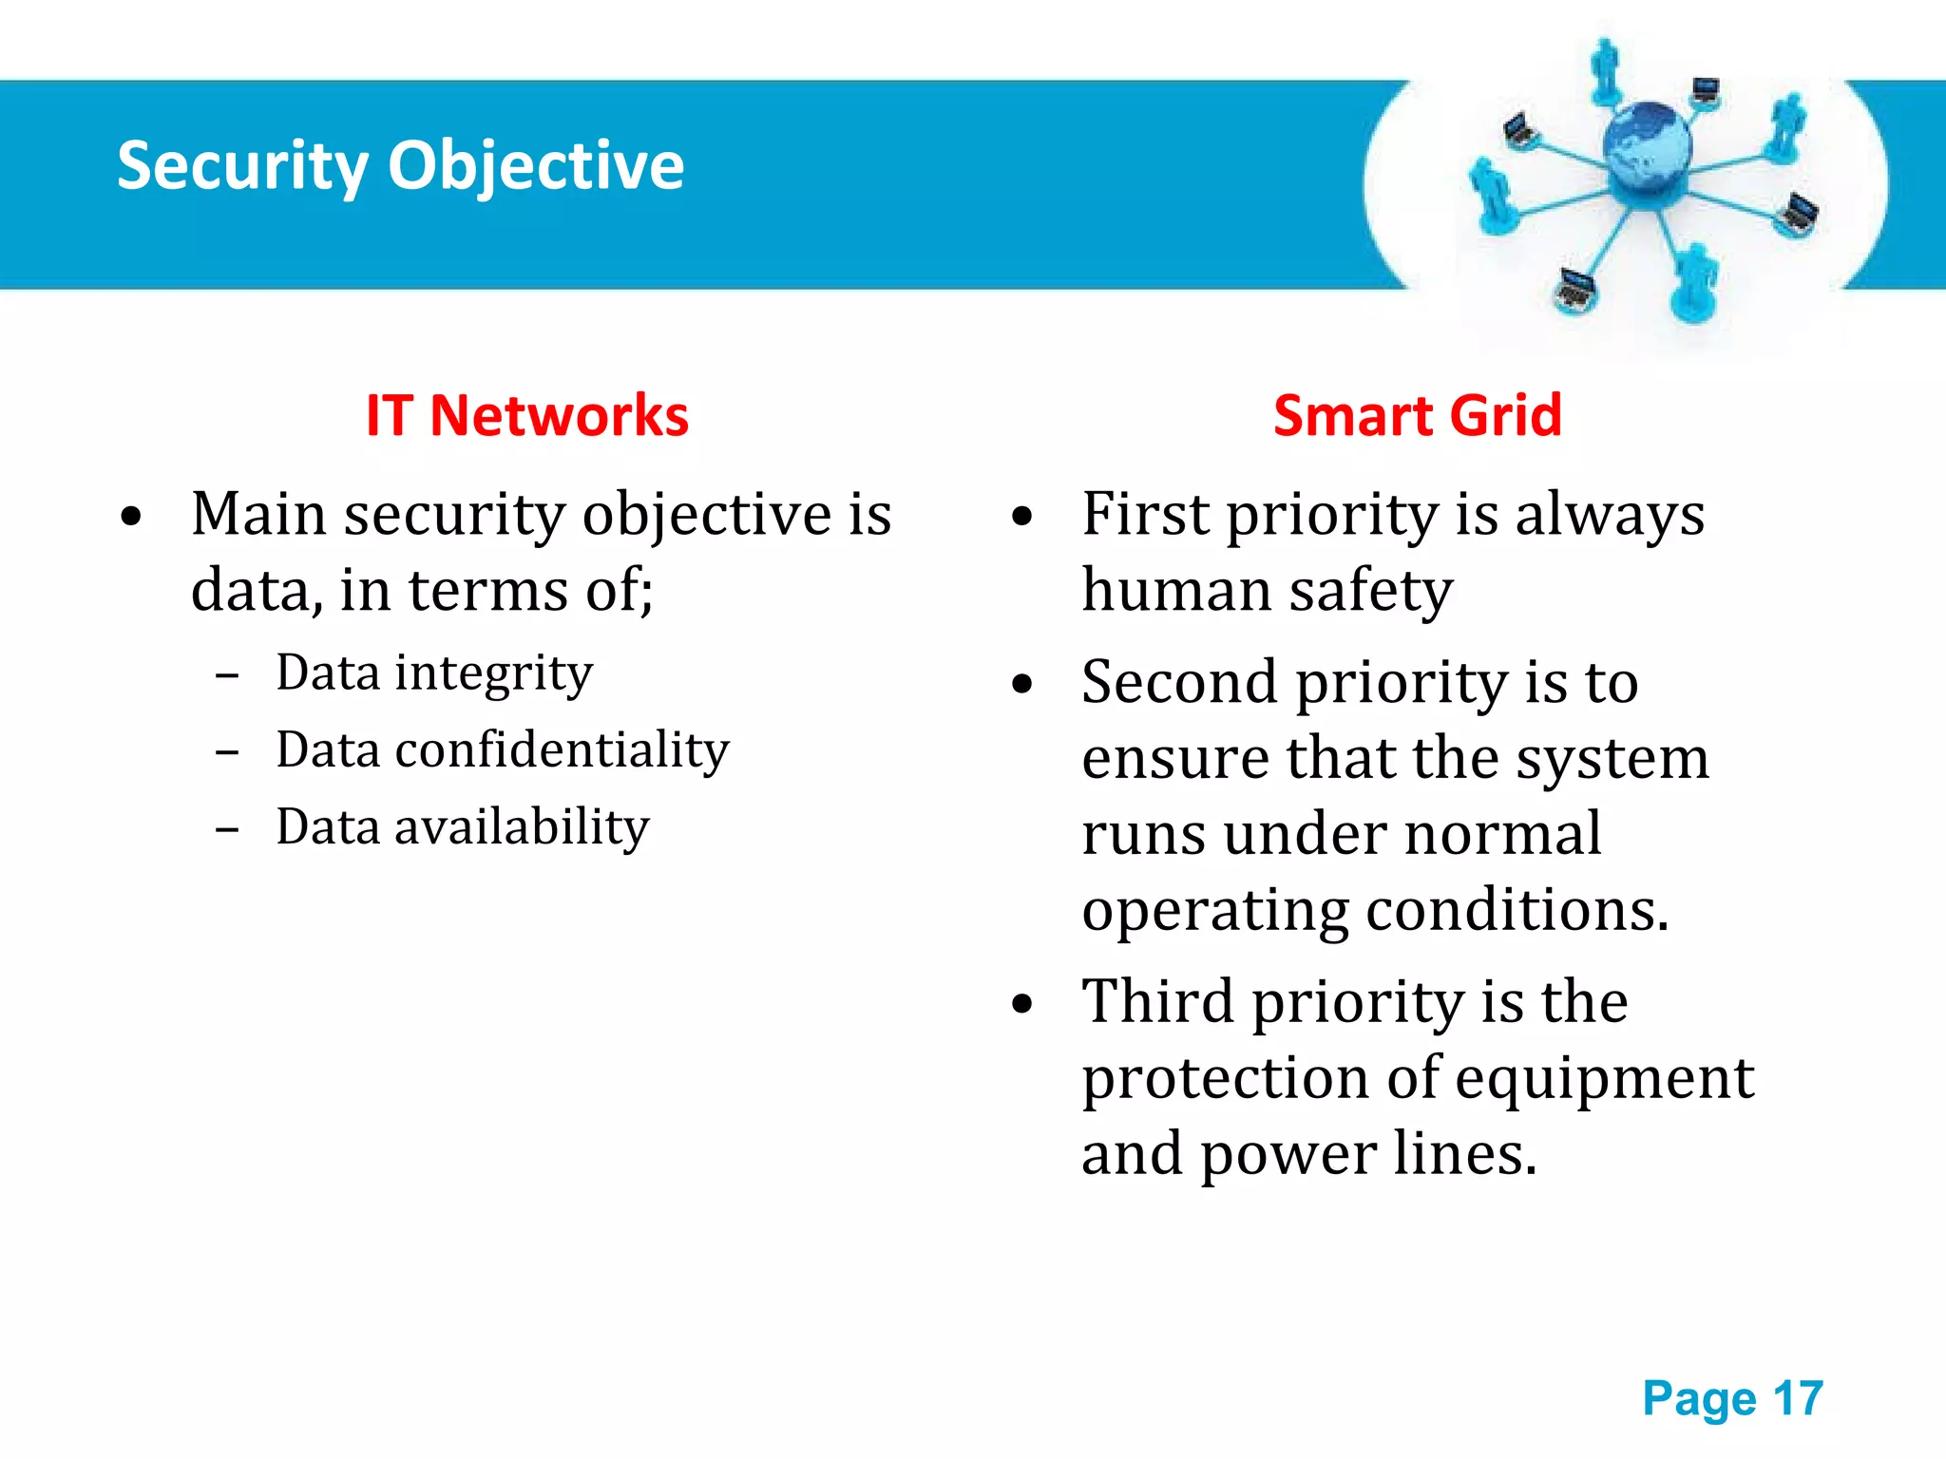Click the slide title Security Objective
point(400,166)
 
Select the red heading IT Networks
point(527,416)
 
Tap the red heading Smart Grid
point(1417,416)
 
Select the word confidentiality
point(562,750)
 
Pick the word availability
point(522,826)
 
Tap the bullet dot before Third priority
point(1021,1004)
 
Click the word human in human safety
point(1175,591)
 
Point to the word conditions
point(1517,910)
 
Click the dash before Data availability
point(227,829)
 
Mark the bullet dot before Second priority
point(1021,684)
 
